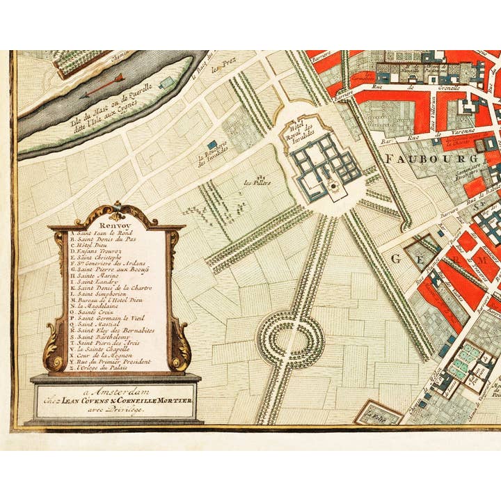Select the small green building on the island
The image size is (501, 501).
click(165, 83)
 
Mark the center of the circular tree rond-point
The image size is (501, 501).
click(291, 340)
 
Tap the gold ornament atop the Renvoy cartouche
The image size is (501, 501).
click(118, 207)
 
